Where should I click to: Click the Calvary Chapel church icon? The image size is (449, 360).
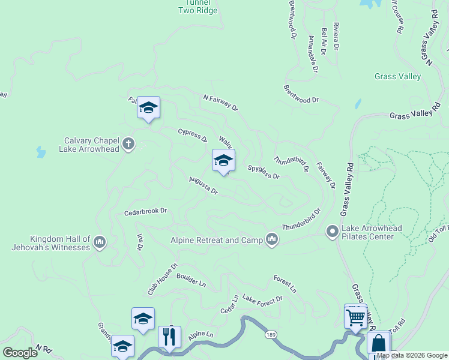point(128,144)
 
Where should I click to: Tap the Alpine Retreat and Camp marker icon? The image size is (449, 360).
point(272,240)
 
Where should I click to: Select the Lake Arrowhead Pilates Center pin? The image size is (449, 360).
point(332,231)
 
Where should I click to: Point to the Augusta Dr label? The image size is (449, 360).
point(203,187)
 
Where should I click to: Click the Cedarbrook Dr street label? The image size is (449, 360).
point(145,212)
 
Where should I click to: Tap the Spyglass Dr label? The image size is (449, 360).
point(264,172)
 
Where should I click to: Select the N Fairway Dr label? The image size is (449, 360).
point(220,103)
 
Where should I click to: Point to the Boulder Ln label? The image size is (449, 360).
point(191,280)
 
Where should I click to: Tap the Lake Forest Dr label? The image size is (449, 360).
point(262,299)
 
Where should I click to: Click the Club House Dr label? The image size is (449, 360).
point(163,279)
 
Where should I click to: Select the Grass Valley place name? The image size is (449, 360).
point(397,77)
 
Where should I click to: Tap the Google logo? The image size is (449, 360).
point(20,353)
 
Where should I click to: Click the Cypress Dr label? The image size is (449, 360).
point(192,136)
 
